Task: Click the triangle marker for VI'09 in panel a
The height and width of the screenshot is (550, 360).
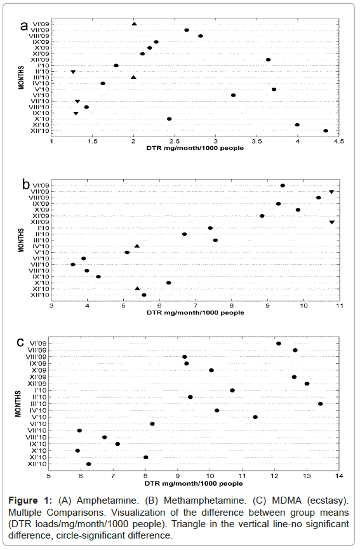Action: [134, 24]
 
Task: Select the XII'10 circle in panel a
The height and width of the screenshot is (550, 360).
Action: [326, 131]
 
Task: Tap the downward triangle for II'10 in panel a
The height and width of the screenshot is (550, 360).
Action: [73, 72]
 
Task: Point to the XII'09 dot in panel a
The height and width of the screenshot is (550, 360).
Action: [268, 60]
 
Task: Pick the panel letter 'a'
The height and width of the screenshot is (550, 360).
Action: [24, 26]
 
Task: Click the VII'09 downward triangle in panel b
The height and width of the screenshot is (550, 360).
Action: [331, 192]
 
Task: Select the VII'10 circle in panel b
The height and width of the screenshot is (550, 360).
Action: [73, 264]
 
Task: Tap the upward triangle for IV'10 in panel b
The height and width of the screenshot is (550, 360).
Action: [137, 246]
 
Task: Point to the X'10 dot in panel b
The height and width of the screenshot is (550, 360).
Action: [169, 283]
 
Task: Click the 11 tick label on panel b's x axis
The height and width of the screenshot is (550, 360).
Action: [339, 306]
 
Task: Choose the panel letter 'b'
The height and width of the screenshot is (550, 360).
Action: [25, 184]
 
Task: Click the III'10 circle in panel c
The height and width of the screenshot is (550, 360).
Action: [321, 404]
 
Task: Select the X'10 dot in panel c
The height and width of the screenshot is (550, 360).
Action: [77, 451]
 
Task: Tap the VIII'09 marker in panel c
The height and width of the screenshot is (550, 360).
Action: [185, 357]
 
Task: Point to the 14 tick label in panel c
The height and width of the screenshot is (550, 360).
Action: [339, 476]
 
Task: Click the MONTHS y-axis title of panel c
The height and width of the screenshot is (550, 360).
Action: [18, 404]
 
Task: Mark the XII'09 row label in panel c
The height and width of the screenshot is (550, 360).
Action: [36, 384]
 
